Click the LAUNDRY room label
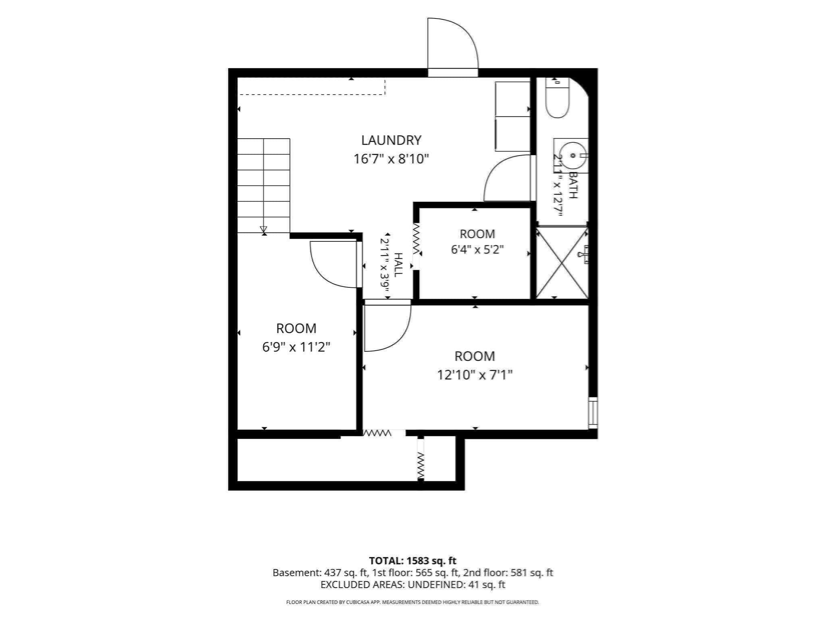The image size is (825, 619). click(x=391, y=140)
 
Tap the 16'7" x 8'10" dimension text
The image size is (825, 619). click(x=391, y=159)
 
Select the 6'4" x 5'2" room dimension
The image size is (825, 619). click(x=477, y=249)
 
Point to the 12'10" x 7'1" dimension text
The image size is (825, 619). click(x=475, y=375)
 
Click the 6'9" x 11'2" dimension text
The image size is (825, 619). click(x=296, y=347)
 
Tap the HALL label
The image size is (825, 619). click(x=398, y=265)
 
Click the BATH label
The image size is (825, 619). click(x=573, y=185)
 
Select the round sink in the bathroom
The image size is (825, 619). click(x=573, y=155)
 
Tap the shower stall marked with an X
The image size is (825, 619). click(x=562, y=263)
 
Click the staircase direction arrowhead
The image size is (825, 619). click(x=264, y=230)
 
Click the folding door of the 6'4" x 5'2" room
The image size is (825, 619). click(x=416, y=239)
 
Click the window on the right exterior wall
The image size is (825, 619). click(x=593, y=413)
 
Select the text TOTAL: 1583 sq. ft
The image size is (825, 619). click(x=412, y=561)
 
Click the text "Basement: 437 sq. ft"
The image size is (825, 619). click(x=321, y=573)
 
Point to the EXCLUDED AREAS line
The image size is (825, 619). click(x=413, y=585)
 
